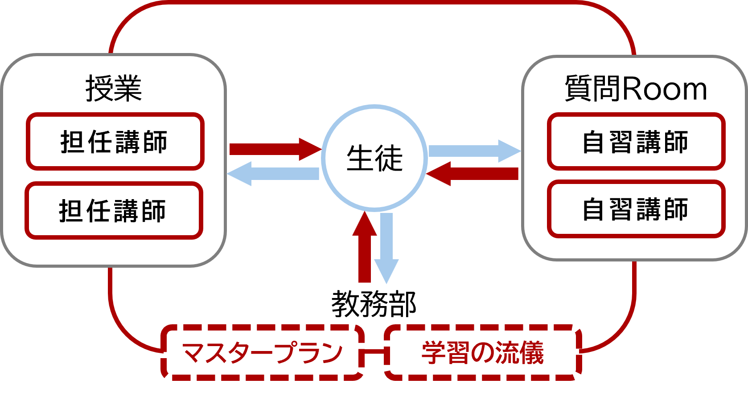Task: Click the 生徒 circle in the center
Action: pyautogui.click(x=374, y=158)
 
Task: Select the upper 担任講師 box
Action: pyautogui.click(x=115, y=142)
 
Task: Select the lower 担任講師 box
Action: pyautogui.click(x=114, y=210)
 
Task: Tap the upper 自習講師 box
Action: pyautogui.click(x=636, y=142)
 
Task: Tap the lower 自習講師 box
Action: pyautogui.click(x=636, y=209)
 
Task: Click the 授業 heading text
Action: pyautogui.click(x=114, y=88)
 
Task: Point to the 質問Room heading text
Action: pyautogui.click(x=636, y=88)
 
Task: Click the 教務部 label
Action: pyautogui.click(x=374, y=304)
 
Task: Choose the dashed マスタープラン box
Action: pyautogui.click(x=263, y=353)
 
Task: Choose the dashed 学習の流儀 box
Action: pyautogui.click(x=483, y=353)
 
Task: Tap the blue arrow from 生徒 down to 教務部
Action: pyautogui.click(x=386, y=247)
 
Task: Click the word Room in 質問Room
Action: pyautogui.click(x=664, y=89)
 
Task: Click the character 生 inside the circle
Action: pyautogui.click(x=360, y=158)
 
